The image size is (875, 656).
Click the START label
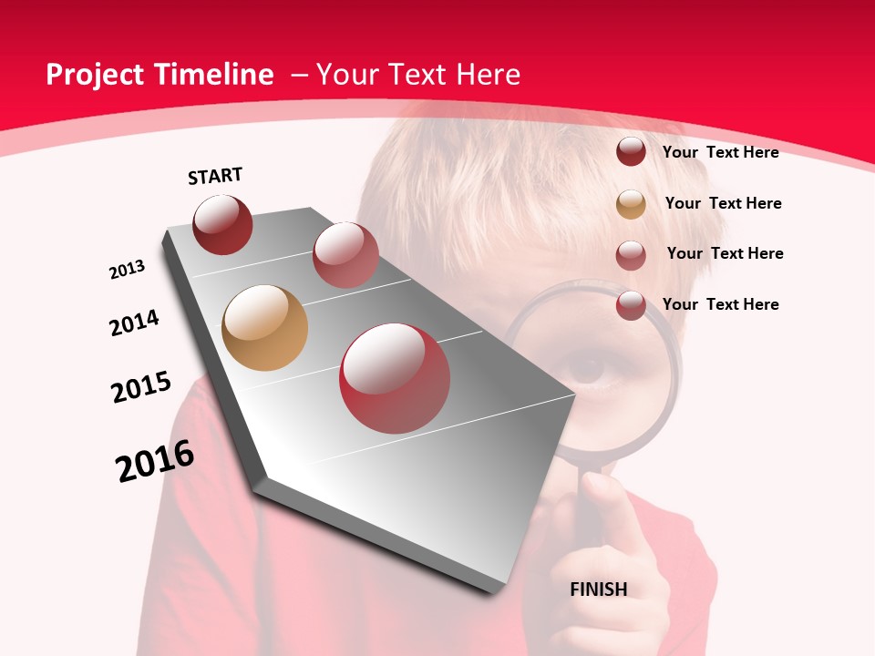coord(215,176)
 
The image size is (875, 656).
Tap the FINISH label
coord(599,589)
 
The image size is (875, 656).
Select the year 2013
coord(128,270)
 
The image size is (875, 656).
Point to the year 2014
coord(135,323)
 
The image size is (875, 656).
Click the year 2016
coord(155,462)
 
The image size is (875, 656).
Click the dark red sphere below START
coord(222,224)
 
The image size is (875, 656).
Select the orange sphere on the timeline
coord(265,328)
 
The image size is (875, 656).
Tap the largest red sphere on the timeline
coord(395,378)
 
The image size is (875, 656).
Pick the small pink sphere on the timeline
coord(345,255)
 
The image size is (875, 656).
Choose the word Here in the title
coord(487,75)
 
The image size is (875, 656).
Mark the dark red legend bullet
coord(631,152)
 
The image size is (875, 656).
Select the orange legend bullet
coord(631,204)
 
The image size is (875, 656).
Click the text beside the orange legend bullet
coord(723,203)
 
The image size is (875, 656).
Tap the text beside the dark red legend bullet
coord(720,152)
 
